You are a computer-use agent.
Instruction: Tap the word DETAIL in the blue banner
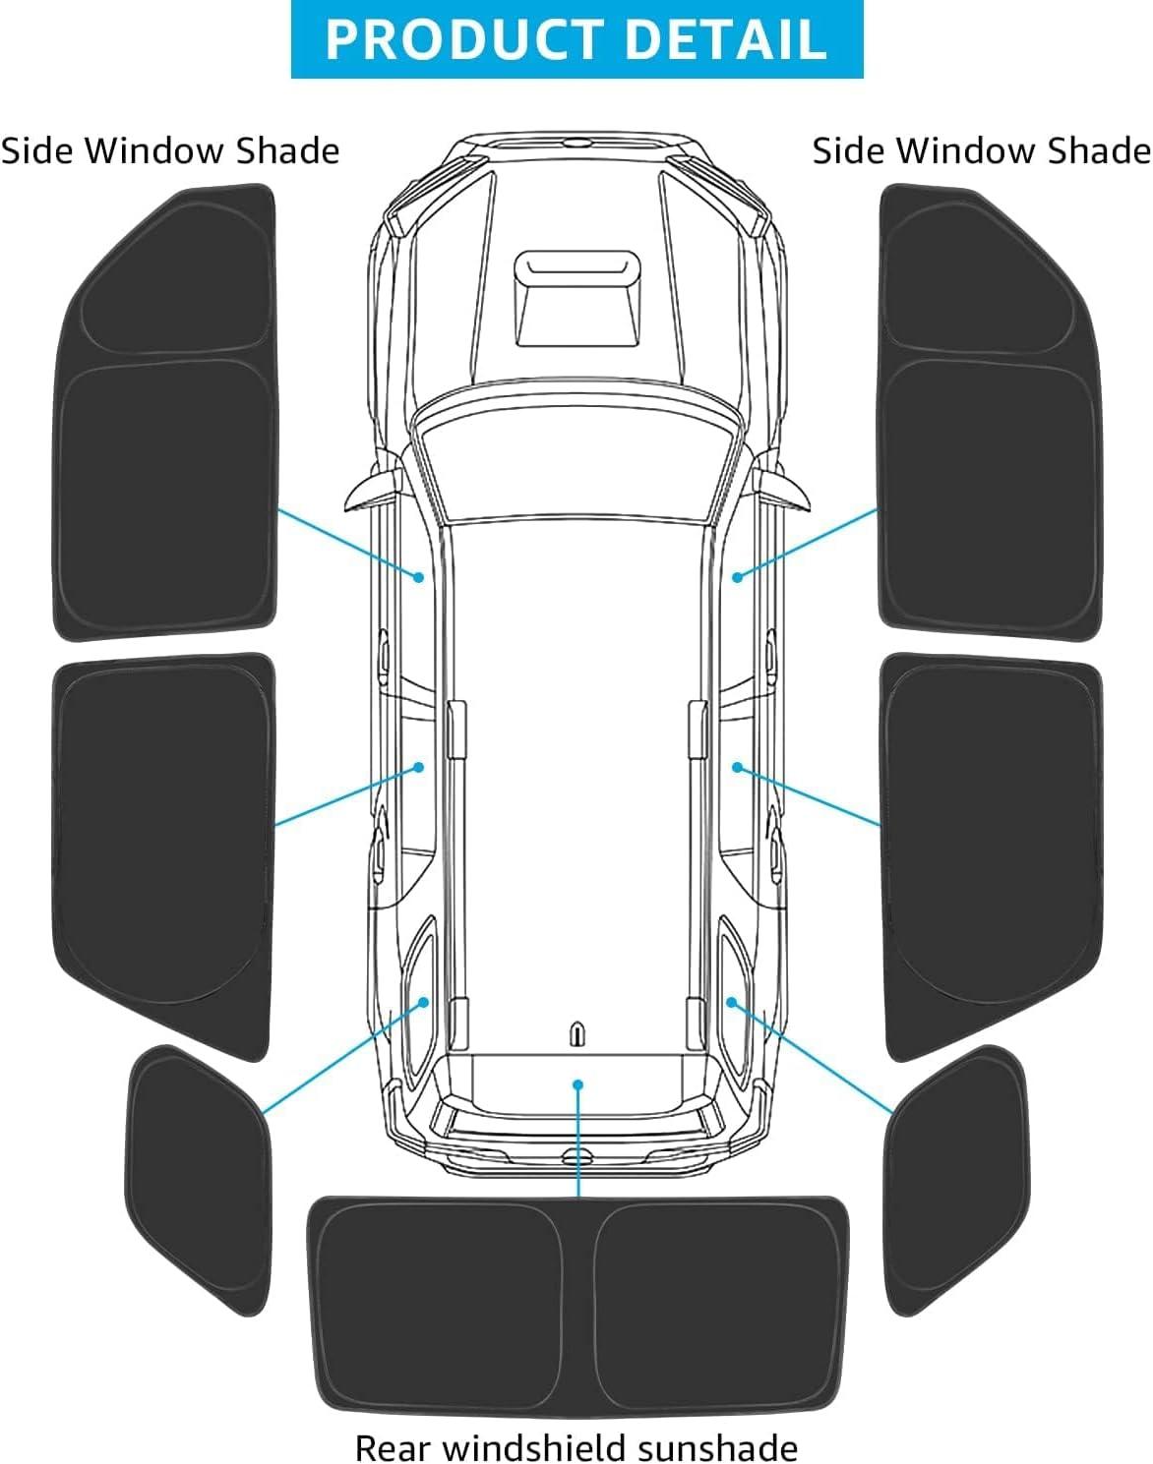click(725, 38)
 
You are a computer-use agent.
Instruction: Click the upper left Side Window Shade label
click(170, 150)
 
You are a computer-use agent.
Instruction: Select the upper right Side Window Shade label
click(982, 150)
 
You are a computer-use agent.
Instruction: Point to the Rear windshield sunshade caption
click(576, 1445)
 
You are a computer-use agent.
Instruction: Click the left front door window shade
click(165, 412)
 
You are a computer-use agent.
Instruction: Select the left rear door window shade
click(163, 856)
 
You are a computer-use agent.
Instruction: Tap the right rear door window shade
click(992, 856)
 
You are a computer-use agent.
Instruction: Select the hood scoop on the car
click(577, 299)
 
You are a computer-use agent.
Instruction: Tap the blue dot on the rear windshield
click(577, 1083)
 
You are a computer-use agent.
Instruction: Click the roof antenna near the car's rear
click(577, 1034)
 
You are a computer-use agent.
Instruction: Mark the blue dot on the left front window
click(419, 577)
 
